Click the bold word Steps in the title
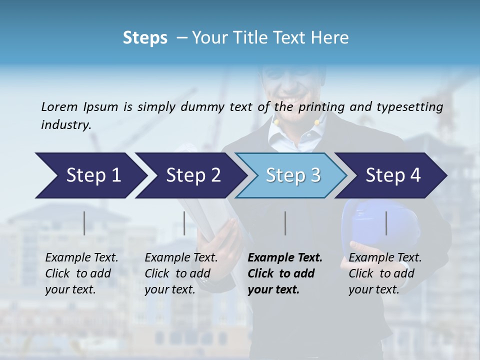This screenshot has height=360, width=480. [x=145, y=37]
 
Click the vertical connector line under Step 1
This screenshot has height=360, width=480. [x=84, y=223]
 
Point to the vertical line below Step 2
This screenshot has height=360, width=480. [x=184, y=223]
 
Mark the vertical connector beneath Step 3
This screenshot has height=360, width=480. [x=285, y=223]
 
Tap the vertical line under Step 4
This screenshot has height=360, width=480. [x=386, y=223]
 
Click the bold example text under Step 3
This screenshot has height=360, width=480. [x=284, y=273]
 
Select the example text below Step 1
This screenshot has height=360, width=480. [x=81, y=273]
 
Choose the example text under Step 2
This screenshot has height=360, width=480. [x=181, y=273]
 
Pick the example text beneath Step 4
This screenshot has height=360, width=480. [x=385, y=273]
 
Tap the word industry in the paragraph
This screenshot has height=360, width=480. [x=66, y=124]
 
